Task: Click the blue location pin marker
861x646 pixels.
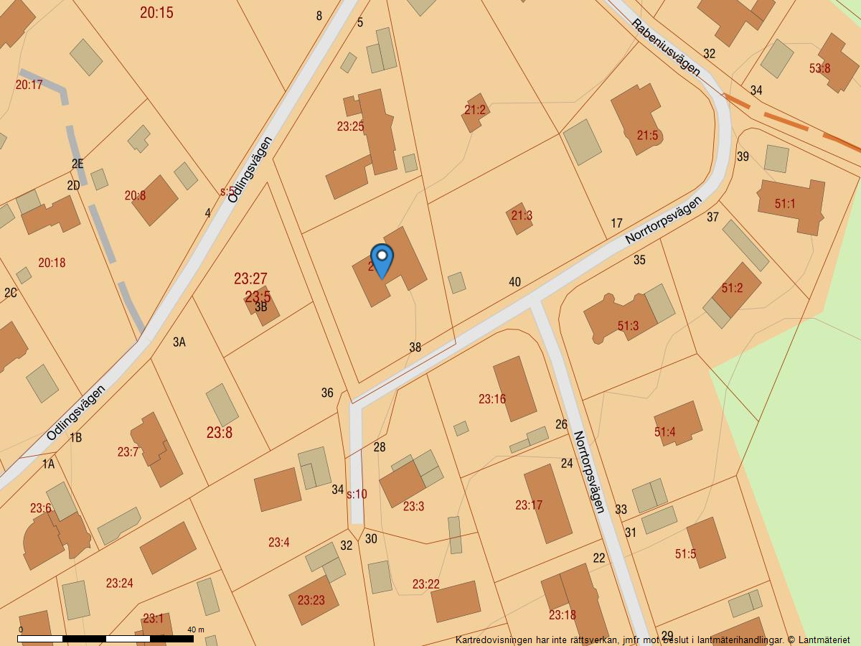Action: tap(382, 261)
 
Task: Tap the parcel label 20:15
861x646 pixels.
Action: tap(156, 12)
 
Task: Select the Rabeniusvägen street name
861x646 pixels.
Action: tap(666, 47)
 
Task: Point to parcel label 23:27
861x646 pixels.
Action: tap(250, 278)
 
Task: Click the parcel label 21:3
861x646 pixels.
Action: tap(522, 215)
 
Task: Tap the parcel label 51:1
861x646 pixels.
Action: tap(785, 204)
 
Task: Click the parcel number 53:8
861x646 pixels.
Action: tap(819, 69)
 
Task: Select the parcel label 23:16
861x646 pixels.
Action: tap(492, 399)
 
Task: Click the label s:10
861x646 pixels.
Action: tap(357, 494)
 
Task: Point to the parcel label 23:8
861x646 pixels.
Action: tap(220, 433)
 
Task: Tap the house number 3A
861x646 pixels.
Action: tap(179, 342)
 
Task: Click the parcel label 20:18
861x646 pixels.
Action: tap(52, 263)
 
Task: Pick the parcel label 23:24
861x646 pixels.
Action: tap(120, 583)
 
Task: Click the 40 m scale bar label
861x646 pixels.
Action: tap(196, 629)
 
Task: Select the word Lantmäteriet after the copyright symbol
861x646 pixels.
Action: tap(825, 639)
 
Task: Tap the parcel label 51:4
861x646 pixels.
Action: tap(664, 432)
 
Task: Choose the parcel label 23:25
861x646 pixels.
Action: tap(350, 126)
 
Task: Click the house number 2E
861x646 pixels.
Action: tap(77, 164)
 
